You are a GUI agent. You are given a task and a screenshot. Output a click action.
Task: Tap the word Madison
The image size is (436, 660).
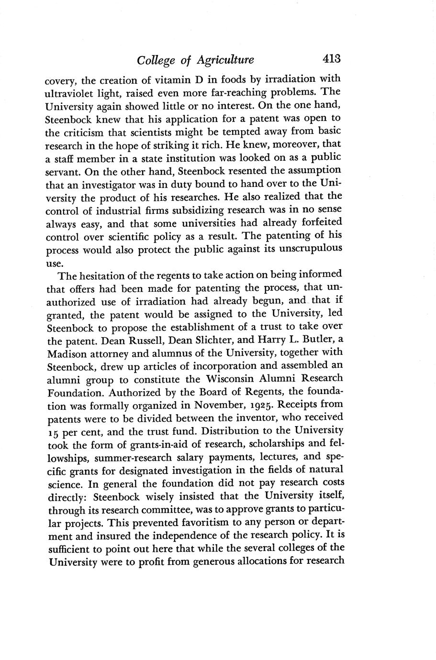coord(68,354)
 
